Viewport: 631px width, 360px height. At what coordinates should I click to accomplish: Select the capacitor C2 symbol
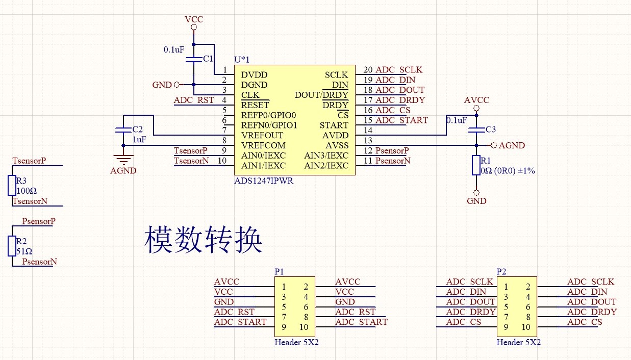click(x=123, y=130)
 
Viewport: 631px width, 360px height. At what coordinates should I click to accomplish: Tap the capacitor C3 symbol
click(x=476, y=130)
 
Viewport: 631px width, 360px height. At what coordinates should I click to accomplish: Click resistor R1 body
click(x=476, y=166)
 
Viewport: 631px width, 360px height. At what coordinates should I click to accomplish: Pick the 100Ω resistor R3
click(x=12, y=185)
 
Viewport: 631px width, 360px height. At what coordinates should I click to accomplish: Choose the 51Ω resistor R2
click(x=12, y=246)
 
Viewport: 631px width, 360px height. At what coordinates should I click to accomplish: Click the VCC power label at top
click(x=194, y=19)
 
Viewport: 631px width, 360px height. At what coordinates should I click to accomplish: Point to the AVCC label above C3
click(x=476, y=100)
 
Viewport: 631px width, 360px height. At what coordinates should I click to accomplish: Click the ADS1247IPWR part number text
click(x=264, y=181)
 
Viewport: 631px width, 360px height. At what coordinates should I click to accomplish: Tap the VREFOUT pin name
click(x=262, y=136)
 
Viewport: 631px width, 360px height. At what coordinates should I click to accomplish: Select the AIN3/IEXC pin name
click(x=326, y=156)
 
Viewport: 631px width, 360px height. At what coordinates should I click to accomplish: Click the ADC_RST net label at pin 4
click(x=194, y=100)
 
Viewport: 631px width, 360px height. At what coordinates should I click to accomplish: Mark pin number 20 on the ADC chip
click(x=368, y=70)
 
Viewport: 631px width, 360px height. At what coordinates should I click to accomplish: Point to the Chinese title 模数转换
click(x=204, y=240)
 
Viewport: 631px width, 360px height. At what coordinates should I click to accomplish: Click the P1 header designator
click(x=279, y=272)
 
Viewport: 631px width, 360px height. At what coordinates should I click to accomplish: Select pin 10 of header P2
click(x=526, y=327)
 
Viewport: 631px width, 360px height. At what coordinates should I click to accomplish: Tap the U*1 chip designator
click(x=242, y=60)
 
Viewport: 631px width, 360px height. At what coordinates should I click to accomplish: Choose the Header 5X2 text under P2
click(x=518, y=342)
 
